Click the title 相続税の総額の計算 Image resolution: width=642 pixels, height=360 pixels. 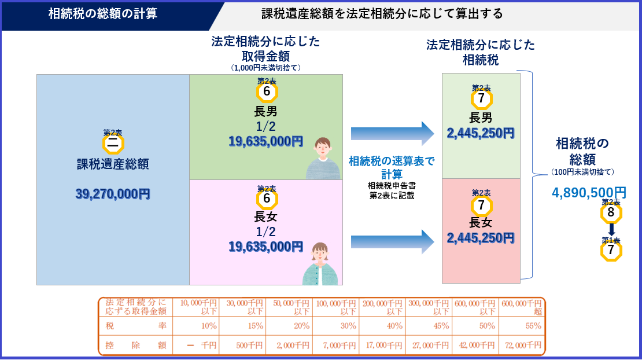click(102, 13)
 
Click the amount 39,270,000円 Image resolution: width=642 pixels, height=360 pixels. click(113, 194)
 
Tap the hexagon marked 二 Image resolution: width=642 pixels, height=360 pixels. click(113, 144)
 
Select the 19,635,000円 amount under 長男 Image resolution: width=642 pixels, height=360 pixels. click(265, 141)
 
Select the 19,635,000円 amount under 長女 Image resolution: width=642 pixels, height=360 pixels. click(265, 247)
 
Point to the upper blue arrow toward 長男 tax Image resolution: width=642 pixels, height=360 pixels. click(392, 134)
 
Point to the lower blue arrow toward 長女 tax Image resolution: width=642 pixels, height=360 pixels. click(392, 241)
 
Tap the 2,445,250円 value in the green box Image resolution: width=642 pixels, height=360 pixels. click(481, 133)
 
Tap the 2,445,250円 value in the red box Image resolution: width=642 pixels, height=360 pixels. click(481, 238)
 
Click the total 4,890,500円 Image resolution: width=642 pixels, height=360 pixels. click(589, 193)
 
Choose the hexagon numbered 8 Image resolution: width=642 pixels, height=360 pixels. click(611, 212)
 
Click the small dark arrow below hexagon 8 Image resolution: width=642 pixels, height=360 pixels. click(611, 229)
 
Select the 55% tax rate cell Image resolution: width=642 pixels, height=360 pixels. click(522, 326)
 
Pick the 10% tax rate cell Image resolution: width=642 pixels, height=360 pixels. click(196, 326)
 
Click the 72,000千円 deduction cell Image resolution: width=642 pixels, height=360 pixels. click(522, 346)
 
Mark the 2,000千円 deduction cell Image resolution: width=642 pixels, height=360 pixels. click(289, 346)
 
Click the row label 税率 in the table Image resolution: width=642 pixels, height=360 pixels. click(135, 326)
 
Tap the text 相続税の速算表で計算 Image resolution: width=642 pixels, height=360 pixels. click(392, 167)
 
